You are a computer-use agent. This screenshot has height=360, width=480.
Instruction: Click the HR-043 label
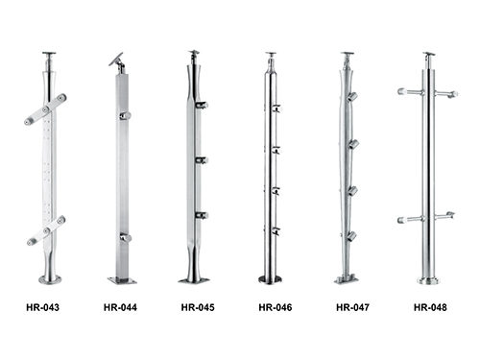[x=43, y=307]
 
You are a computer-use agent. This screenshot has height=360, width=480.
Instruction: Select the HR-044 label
[x=120, y=307]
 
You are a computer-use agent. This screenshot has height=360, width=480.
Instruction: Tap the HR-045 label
[x=198, y=307]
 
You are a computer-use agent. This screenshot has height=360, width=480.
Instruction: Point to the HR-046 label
[x=276, y=307]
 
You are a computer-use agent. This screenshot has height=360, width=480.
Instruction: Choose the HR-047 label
[x=352, y=307]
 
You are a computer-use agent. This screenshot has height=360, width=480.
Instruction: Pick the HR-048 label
[x=430, y=307]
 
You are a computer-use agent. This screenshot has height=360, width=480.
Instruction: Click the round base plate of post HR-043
[x=50, y=279]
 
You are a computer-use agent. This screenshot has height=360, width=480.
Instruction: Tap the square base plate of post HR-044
[x=122, y=280]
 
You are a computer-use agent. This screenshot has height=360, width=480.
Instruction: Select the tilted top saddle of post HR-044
[x=116, y=60]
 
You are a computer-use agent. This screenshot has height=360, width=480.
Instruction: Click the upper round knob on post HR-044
[x=126, y=115]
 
